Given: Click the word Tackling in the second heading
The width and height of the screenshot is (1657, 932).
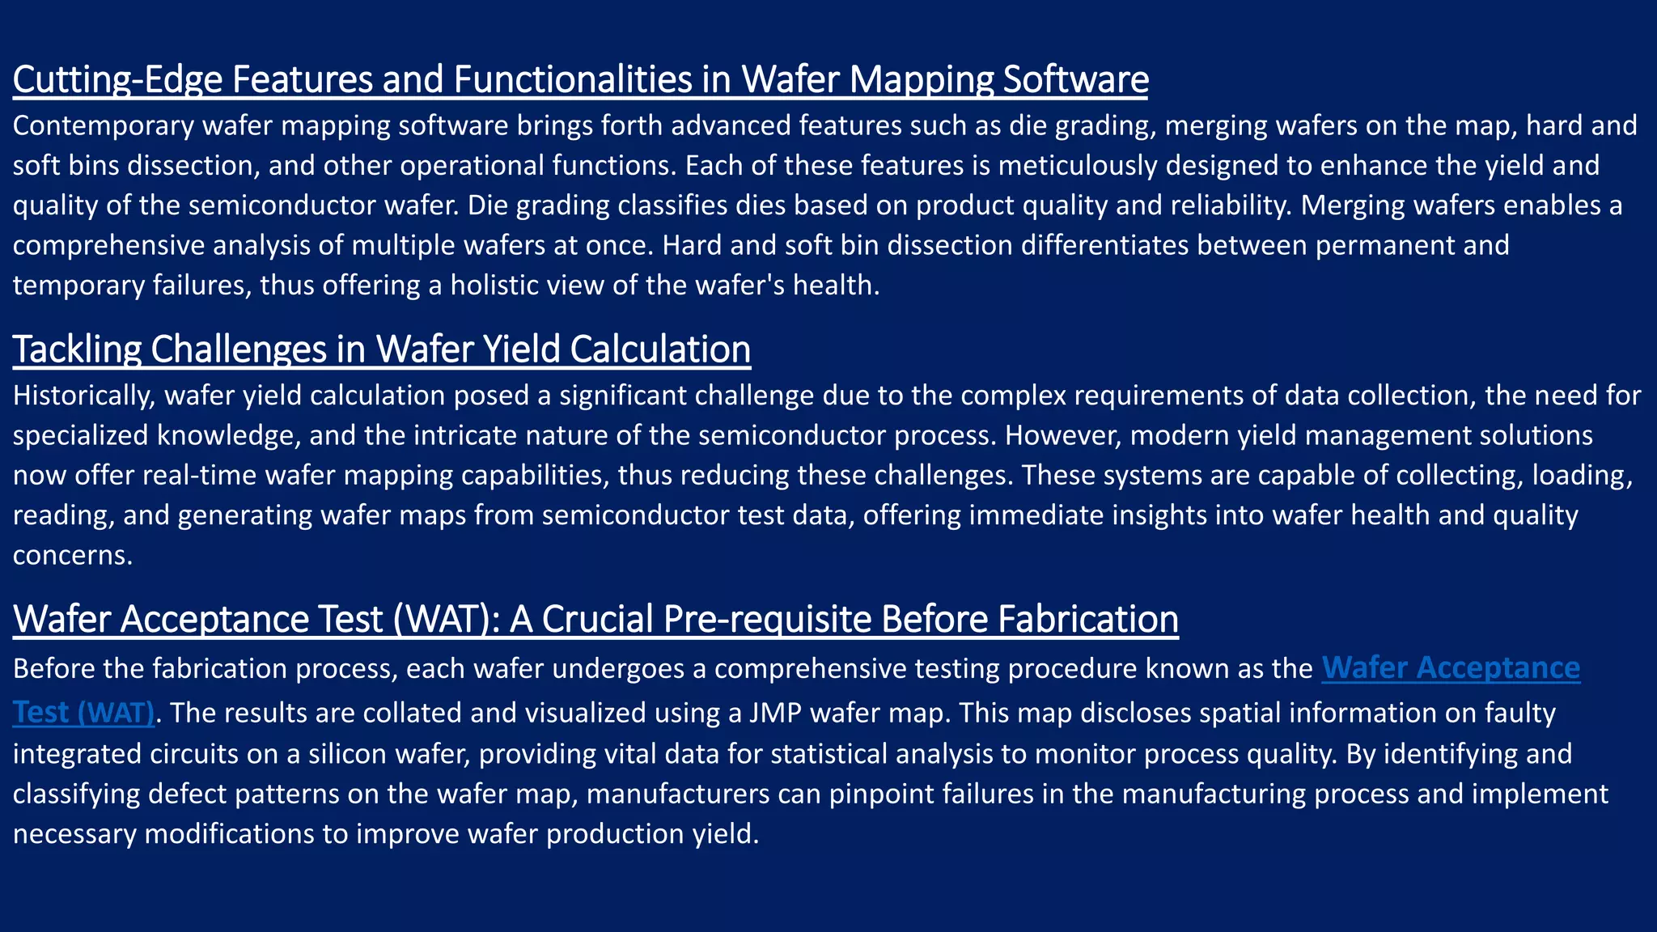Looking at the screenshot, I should coord(77,349).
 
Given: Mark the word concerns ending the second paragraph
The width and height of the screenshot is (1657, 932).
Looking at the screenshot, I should coord(72,555).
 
